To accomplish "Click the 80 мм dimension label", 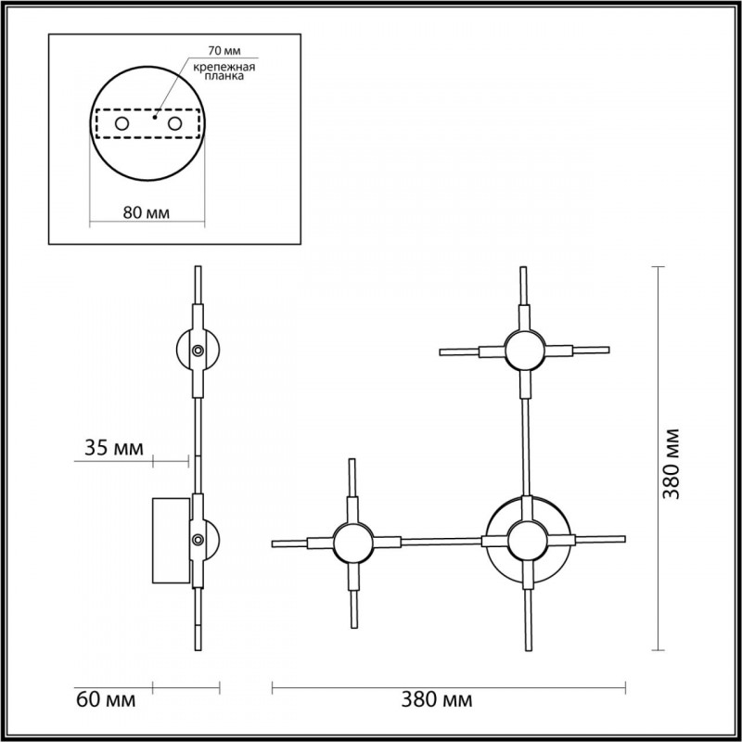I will [x=146, y=212].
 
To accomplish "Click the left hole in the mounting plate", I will [x=121, y=123].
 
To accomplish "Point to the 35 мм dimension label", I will [x=113, y=449].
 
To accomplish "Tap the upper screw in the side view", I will [x=198, y=351].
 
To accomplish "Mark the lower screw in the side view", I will [x=198, y=541].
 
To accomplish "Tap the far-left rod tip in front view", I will [x=274, y=544].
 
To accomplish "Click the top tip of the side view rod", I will [x=197, y=270].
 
